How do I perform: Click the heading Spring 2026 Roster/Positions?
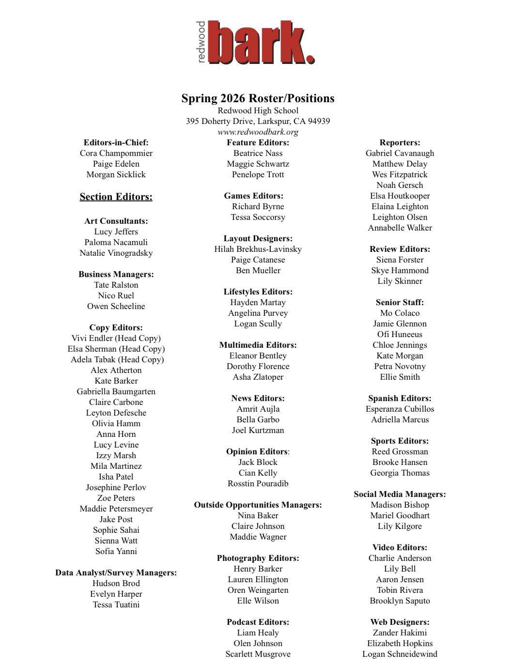coord(258,98)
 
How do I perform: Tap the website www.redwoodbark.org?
coord(258,132)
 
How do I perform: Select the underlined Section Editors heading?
coord(116,197)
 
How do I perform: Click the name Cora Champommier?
coord(116,153)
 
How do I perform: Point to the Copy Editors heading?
coord(116,327)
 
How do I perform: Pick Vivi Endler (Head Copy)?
coord(116,338)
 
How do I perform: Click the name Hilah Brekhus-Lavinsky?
coord(258,249)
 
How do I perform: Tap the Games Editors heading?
coord(253,196)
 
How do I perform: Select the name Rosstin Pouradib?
coord(258,483)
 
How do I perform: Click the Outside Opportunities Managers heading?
coord(258,505)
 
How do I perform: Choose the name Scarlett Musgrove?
coord(258,654)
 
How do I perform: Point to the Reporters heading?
coord(400,142)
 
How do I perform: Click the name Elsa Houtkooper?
coord(400,196)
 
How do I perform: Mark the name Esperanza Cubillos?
coord(400,409)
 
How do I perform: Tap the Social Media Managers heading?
coord(400,494)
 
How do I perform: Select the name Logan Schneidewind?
coord(400,654)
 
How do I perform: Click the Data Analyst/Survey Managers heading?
coord(116,573)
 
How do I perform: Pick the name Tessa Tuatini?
coord(116,604)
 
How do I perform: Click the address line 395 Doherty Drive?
coord(258,121)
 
